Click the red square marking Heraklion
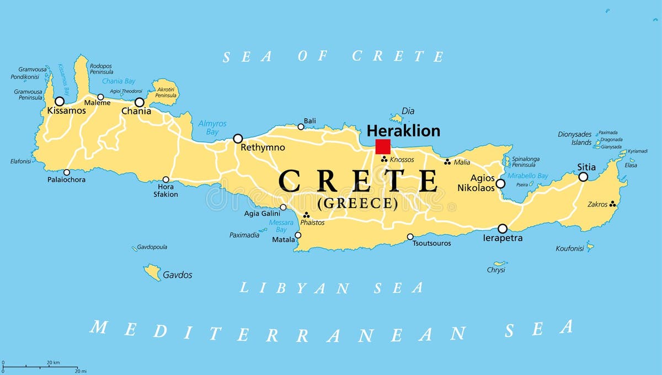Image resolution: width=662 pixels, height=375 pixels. [383, 146]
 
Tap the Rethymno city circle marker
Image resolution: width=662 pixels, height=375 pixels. [238, 139]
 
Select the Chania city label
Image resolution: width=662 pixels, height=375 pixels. [136, 112]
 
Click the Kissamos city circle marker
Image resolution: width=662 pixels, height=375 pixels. [60, 102]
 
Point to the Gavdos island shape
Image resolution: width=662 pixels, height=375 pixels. [152, 272]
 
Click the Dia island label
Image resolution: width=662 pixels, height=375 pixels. [408, 111]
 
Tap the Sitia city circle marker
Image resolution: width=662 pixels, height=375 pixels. [583, 177]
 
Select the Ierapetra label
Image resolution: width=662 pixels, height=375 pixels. [503, 239]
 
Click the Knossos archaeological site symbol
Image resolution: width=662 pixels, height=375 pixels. [385, 159]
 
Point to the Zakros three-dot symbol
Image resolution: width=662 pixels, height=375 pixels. [612, 204]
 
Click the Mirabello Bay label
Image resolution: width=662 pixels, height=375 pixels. [527, 176]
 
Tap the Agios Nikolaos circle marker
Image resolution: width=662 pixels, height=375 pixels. [500, 184]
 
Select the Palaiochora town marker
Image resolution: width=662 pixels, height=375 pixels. [67, 172]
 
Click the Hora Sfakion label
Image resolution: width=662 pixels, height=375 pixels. [165, 191]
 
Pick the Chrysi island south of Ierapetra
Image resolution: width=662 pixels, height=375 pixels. [500, 263]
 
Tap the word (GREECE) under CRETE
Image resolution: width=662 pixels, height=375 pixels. [357, 203]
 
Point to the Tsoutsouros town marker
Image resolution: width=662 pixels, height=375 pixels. [410, 237]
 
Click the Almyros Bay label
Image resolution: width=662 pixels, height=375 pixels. [212, 128]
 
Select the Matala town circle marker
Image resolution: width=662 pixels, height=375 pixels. [298, 235]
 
